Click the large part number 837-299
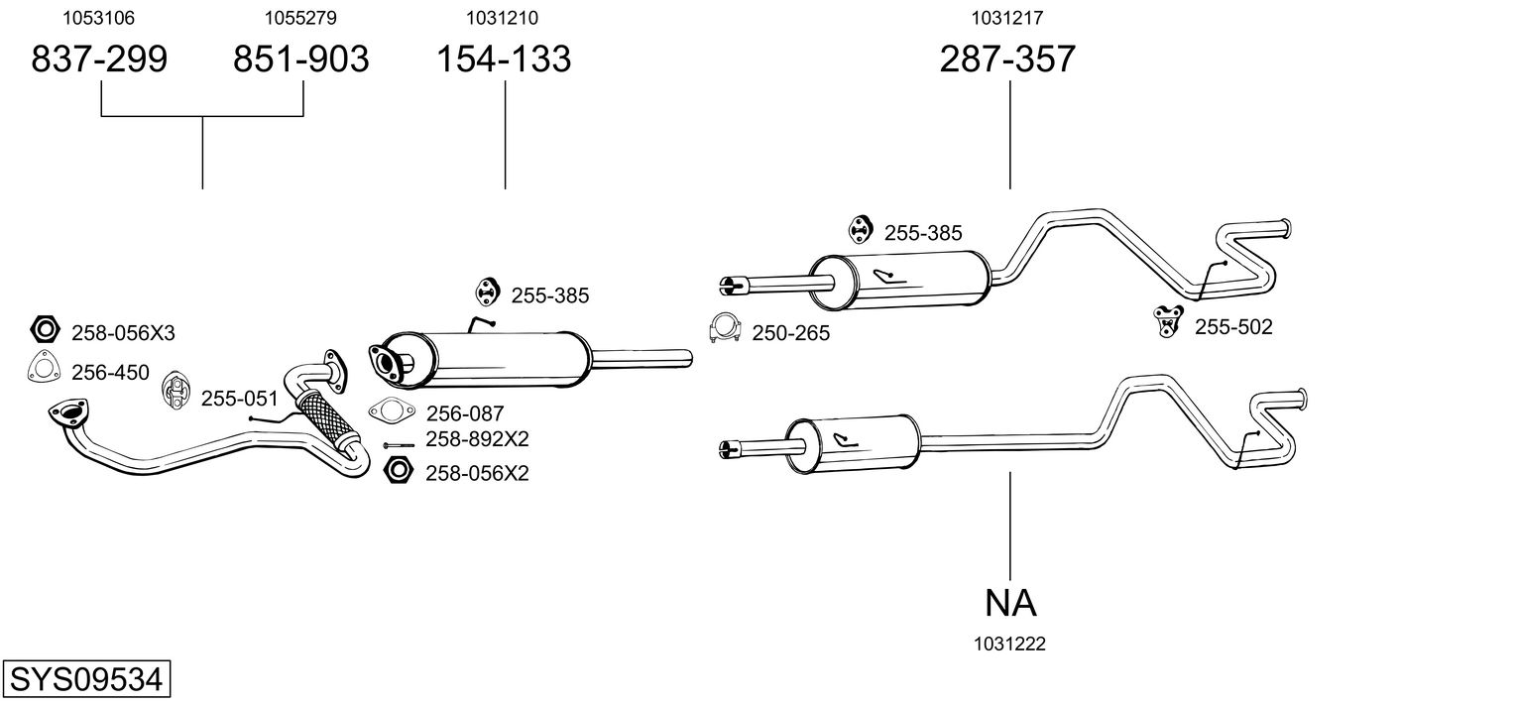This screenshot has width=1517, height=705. click(99, 59)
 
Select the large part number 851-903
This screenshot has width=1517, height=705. click(301, 59)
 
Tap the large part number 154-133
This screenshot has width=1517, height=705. click(504, 59)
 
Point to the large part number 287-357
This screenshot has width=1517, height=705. click(1007, 59)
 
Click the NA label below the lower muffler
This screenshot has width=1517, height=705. click(1010, 603)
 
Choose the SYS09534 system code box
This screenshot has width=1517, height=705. click(86, 678)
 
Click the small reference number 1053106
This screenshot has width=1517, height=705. click(99, 18)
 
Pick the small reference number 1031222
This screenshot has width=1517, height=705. click(1009, 645)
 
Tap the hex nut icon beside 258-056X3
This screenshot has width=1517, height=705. click(46, 330)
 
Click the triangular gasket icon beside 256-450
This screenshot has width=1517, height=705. click(44, 368)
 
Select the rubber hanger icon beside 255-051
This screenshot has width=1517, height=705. click(176, 391)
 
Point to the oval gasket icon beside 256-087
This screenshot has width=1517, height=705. click(392, 411)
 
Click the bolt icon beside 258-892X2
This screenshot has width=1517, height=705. click(399, 445)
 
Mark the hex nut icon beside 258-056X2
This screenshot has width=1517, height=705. click(398, 470)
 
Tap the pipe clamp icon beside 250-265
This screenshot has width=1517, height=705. click(725, 328)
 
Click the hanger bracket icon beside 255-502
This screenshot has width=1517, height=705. click(1168, 321)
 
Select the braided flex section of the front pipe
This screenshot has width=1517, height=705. click(327, 417)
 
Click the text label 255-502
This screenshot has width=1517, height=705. click(1233, 327)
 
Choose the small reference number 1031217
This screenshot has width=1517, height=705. click(1007, 18)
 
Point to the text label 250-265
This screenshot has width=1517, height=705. click(790, 333)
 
